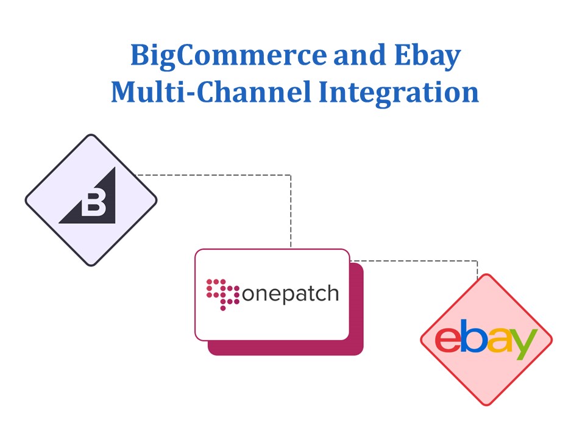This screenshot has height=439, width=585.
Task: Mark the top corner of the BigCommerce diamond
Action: [91, 135]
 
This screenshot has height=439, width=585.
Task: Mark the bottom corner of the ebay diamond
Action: [486, 404]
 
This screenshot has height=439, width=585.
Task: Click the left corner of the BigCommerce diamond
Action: [26, 200]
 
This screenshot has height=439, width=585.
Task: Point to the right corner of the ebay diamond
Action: [551, 339]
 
